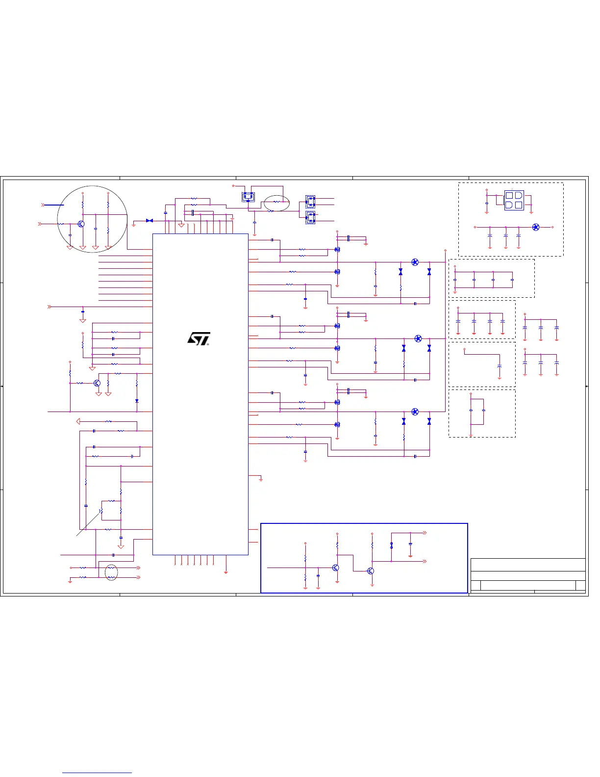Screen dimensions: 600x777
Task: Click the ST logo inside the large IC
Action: point(199,339)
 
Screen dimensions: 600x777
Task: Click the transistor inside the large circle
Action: point(81,224)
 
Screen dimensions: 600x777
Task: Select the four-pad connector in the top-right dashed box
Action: point(514,200)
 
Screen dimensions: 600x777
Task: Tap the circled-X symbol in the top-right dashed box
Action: point(536,227)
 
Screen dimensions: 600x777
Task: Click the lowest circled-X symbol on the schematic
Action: point(415,412)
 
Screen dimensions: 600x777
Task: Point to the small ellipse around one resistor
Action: point(276,202)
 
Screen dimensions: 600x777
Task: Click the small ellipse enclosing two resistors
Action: point(112,572)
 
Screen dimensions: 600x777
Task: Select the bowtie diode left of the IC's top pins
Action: point(150,221)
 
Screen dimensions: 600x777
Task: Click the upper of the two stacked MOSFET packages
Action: point(310,201)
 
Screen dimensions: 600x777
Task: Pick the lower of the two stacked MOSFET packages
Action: point(310,217)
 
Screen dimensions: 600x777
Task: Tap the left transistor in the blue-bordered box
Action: point(335,568)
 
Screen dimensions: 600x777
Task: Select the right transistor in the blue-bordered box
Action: point(371,571)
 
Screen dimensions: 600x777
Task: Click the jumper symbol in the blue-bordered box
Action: point(391,545)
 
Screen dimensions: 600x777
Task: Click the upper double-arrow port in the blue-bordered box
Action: point(425,533)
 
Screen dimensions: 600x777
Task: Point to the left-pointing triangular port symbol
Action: point(78,421)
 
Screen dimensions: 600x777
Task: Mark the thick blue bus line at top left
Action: point(54,205)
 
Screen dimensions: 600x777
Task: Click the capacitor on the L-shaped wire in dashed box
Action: point(500,366)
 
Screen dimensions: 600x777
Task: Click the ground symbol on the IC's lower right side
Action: point(261,479)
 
